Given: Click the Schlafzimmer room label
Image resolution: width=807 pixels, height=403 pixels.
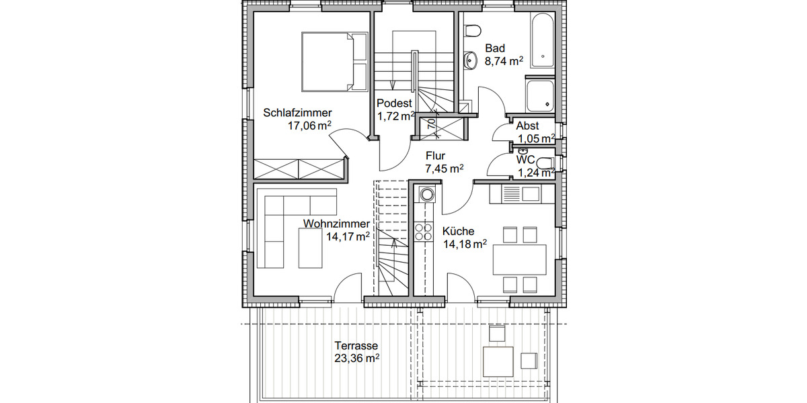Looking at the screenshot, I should tap(298, 112).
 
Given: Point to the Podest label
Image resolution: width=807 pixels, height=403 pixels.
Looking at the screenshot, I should tap(394, 103).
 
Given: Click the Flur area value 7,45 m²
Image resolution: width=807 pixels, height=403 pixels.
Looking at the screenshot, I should tap(443, 169).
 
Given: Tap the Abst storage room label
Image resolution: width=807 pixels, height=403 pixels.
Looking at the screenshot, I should tap(527, 126).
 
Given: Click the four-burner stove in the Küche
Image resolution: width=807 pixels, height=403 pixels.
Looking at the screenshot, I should tap(424, 232).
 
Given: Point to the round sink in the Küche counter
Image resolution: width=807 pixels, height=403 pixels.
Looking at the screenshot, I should tap(426, 195).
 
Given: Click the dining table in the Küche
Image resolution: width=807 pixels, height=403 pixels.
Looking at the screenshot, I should tap(520, 259).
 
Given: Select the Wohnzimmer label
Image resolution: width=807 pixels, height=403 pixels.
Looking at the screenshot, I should tap(336, 224).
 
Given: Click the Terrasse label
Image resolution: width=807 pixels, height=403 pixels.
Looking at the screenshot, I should tap(356, 346).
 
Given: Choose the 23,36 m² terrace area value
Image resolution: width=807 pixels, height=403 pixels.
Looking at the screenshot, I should tap(357, 359).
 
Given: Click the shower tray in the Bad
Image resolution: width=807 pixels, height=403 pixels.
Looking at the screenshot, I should tap(540, 95).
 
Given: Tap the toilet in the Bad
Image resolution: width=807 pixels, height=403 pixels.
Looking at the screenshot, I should tap(473, 31).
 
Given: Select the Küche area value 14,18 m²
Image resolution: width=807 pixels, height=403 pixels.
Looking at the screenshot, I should tap(464, 244).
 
